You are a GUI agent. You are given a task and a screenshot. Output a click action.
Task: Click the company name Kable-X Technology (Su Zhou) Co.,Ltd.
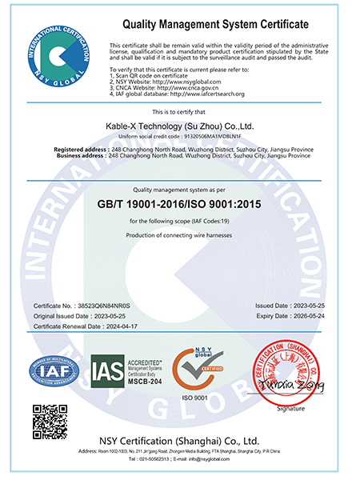pos(181,126)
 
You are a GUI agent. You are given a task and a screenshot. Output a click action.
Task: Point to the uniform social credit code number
pos(204,136)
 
